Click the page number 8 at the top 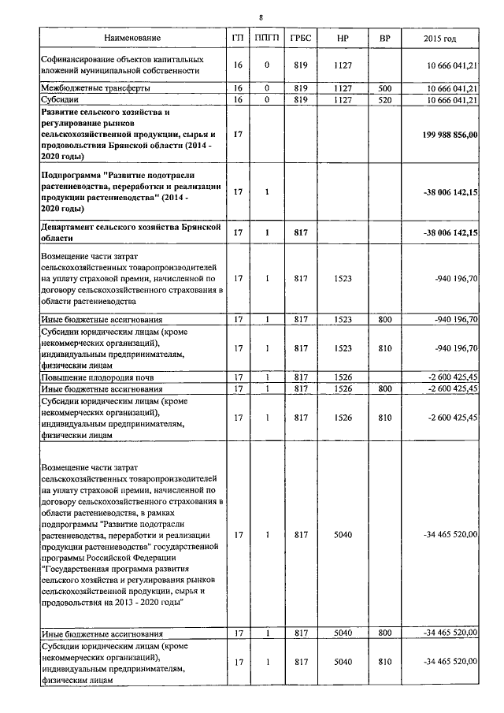261,15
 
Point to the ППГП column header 268,39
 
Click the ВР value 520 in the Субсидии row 384,100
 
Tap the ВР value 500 384,88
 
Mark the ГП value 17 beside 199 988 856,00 238,135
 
